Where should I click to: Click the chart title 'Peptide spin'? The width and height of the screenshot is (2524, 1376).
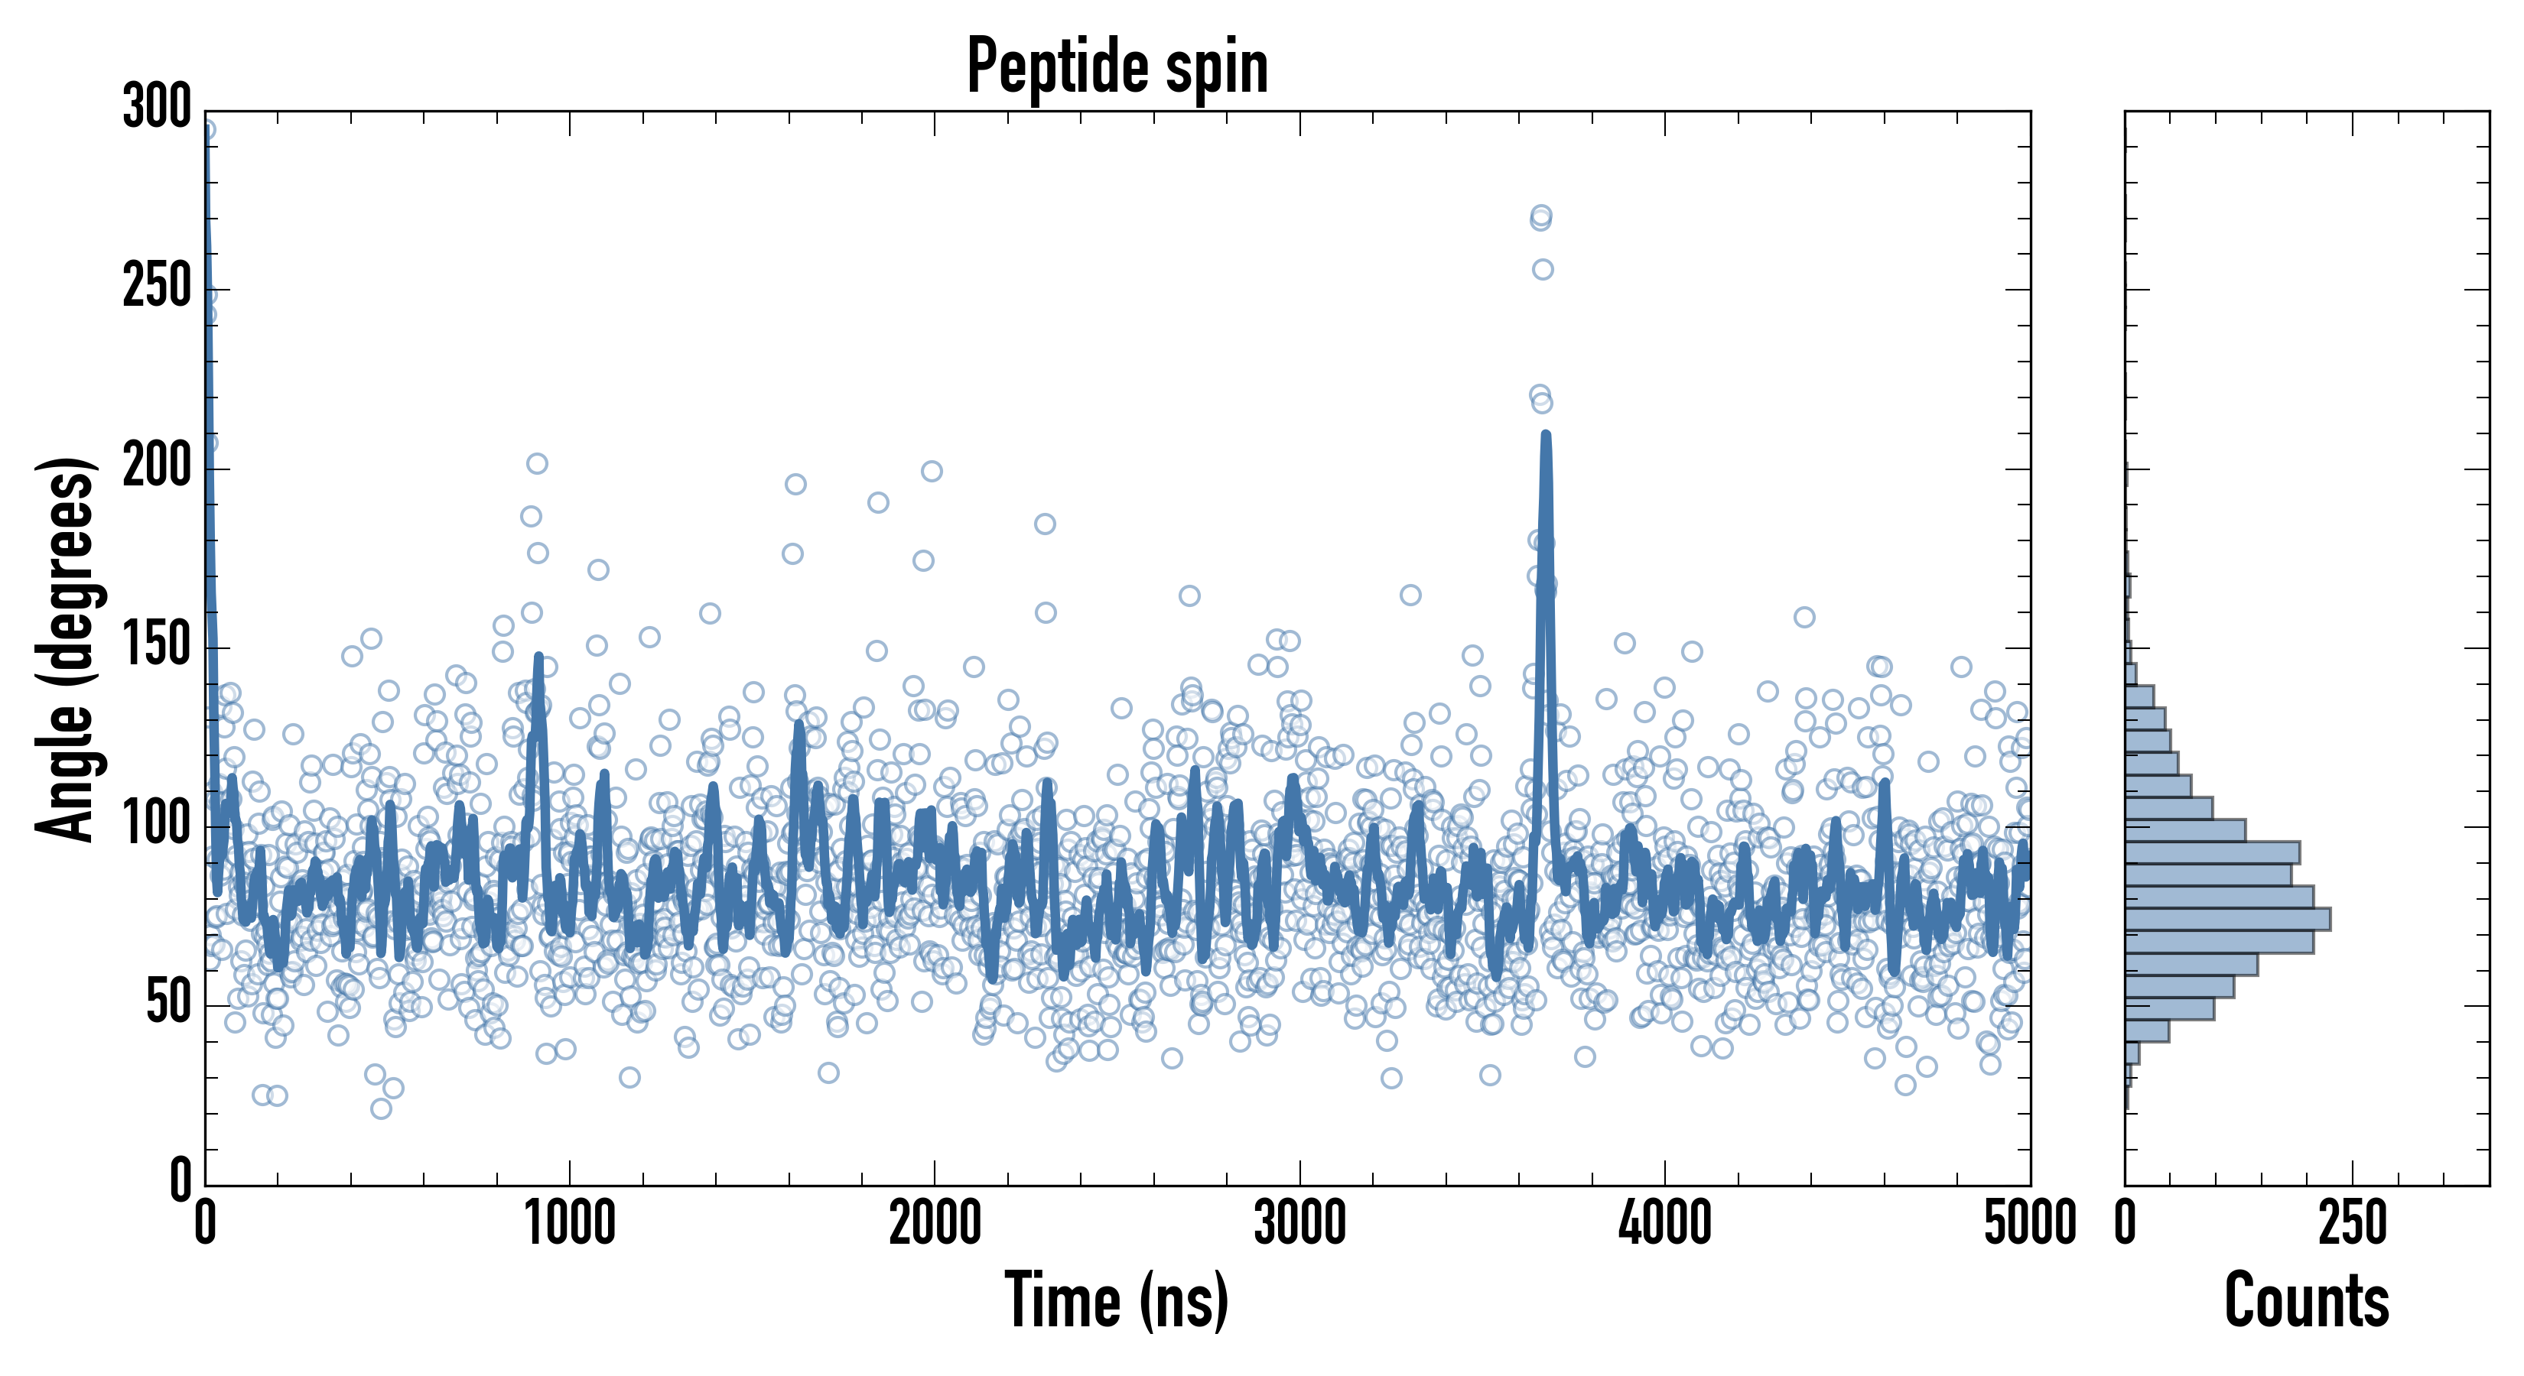click(1117, 67)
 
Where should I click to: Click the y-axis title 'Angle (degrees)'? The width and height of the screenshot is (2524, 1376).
click(67, 648)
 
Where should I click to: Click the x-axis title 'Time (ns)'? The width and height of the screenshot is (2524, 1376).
click(1117, 1300)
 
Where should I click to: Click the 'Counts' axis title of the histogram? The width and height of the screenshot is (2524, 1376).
click(2307, 1300)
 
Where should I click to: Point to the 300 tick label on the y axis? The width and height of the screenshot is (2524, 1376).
click(157, 107)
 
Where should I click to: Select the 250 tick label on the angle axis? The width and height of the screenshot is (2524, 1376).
click(157, 288)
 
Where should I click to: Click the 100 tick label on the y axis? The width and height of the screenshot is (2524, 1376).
click(157, 825)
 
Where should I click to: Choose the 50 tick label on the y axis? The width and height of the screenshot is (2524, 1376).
click(168, 1003)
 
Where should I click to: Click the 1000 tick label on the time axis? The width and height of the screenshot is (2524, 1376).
click(571, 1224)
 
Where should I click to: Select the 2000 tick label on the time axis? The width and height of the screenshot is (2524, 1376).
click(935, 1224)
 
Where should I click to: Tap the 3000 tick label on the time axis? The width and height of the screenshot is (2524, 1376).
click(1299, 1224)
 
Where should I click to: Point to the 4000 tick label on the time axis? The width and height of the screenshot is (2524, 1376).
click(1665, 1224)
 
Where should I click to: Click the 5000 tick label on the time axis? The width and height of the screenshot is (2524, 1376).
click(2029, 1224)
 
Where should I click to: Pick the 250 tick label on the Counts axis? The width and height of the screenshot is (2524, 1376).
click(2353, 1224)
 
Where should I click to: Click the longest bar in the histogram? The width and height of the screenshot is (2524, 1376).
click(2227, 919)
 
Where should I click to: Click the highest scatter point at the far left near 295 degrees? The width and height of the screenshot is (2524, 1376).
click(206, 129)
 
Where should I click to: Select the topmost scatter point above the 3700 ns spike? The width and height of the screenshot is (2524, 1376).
click(1541, 215)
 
